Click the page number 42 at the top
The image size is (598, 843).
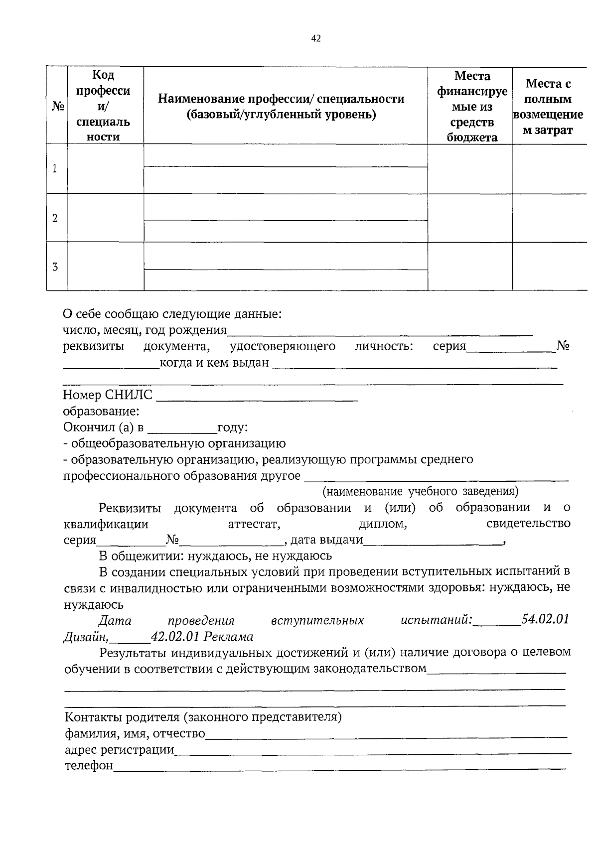316,39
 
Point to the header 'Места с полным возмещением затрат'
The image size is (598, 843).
548,107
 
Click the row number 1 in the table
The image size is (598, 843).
55,168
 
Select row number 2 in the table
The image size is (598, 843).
55,218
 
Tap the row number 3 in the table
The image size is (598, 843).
55,267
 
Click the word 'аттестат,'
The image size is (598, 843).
254,524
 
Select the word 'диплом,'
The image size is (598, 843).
383,524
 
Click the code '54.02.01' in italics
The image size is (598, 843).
545,619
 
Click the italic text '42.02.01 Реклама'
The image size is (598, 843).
202,637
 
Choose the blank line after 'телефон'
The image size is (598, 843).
339,767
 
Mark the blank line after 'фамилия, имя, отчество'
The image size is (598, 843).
386,735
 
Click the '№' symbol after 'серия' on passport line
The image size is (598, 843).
563,346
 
